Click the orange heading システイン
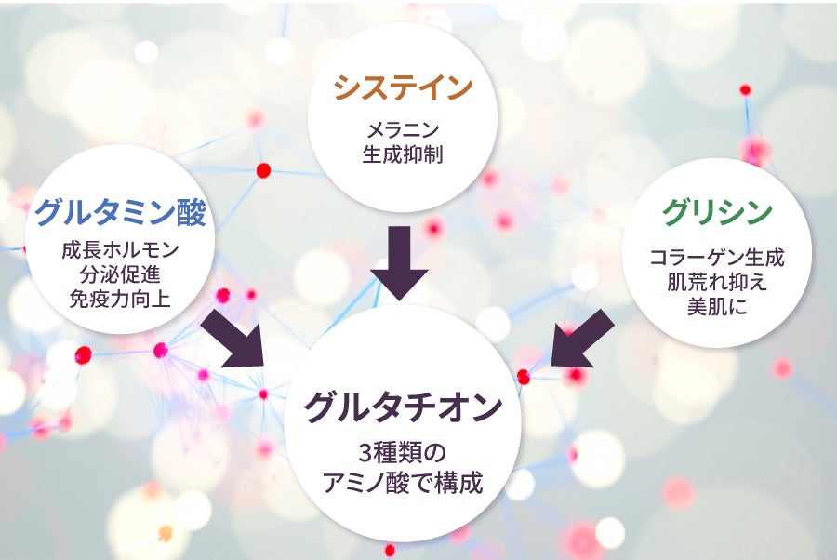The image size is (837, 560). coord(403,89)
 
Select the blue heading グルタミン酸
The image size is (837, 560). coord(119,213)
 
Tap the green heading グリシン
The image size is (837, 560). coord(717,212)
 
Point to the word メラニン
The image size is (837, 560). coord(403,129)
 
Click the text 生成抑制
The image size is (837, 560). coord(403,153)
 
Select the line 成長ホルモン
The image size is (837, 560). coord(119,251)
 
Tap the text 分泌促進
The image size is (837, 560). coord(119,274)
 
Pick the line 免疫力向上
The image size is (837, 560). coord(119,299)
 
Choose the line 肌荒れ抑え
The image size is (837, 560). coord(717,282)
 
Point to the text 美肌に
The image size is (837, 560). coord(717,306)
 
